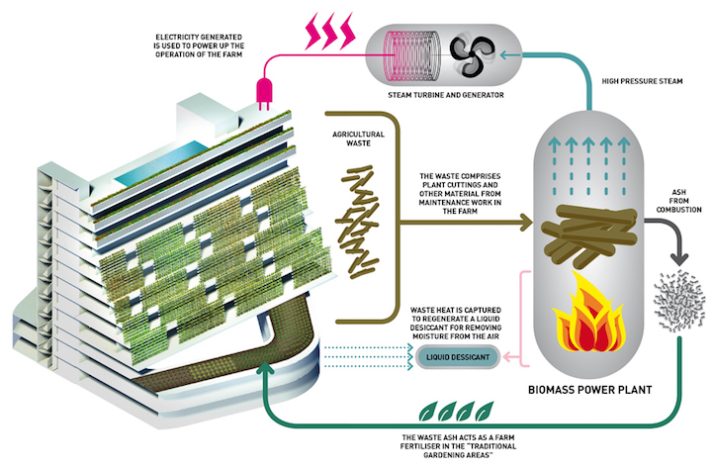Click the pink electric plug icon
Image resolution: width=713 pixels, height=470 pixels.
pos(264,91)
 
